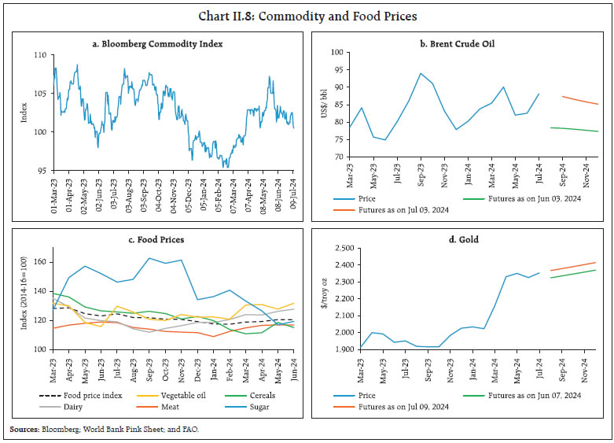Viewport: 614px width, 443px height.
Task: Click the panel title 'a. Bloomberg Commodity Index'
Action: coord(157,44)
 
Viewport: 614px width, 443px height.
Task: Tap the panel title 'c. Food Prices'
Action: coord(157,240)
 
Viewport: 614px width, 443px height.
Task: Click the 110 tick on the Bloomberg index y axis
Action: coord(42,57)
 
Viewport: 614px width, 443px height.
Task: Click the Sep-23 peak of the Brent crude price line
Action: coord(421,73)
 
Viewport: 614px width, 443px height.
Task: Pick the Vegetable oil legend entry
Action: coord(177,396)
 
